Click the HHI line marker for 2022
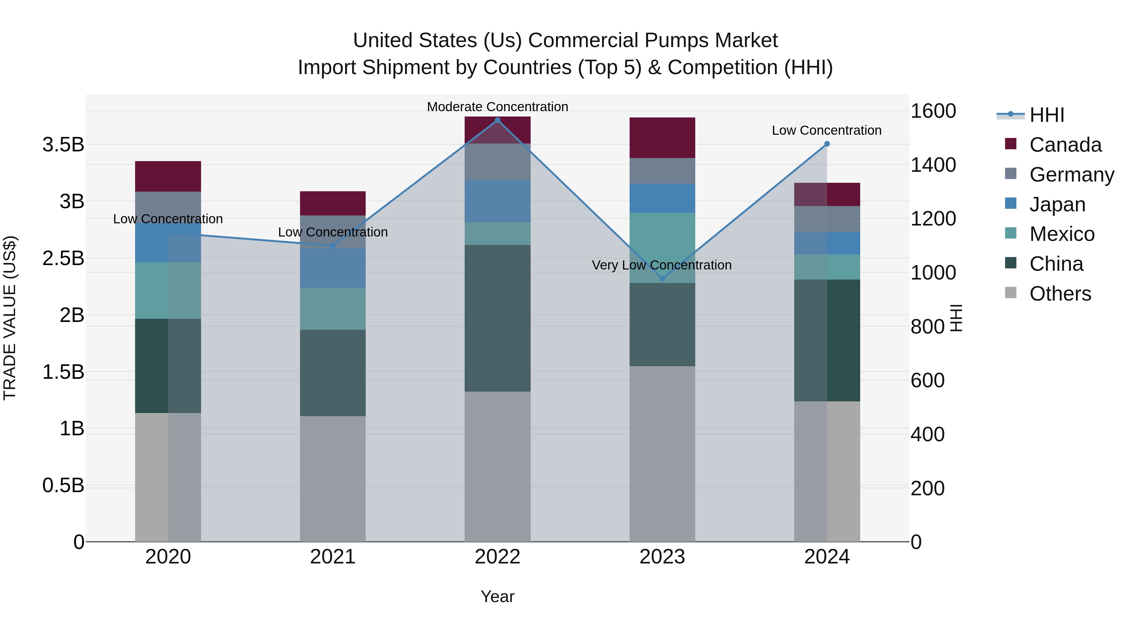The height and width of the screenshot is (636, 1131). pos(497,120)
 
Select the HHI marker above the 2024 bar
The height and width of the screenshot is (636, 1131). pos(827,144)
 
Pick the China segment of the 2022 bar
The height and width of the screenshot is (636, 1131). pos(497,318)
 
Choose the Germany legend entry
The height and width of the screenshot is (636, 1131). pos(1071,174)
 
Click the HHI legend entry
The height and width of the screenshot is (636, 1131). pos(1046,115)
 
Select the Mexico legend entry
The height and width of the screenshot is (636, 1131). pos(1061,234)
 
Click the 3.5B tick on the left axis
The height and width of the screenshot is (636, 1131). pos(63,144)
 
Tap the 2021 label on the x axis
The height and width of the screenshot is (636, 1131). pos(332,557)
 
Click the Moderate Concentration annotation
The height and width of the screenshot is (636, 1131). pos(497,107)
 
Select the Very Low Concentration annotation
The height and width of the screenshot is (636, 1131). pos(661,265)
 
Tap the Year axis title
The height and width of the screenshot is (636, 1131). pos(497,596)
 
